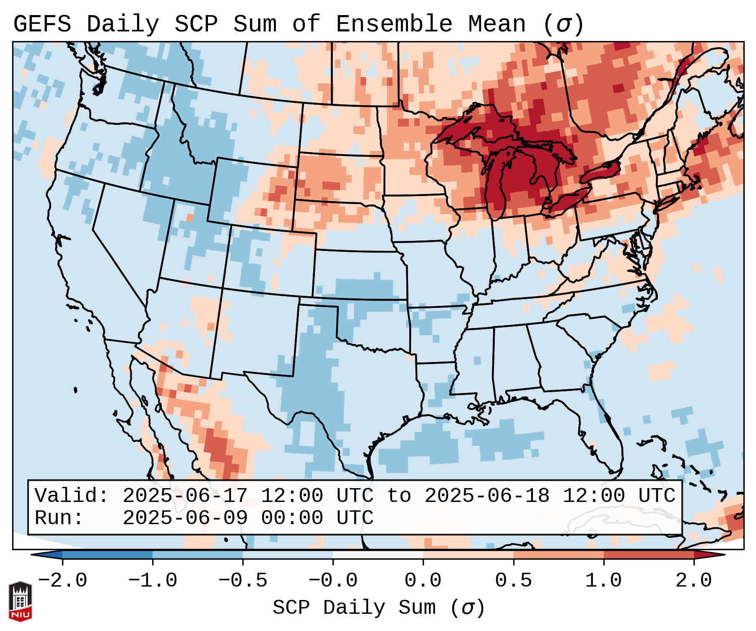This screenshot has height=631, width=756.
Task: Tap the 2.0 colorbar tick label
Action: pyautogui.click(x=694, y=581)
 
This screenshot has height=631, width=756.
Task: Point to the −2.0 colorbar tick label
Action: pyautogui.click(x=62, y=581)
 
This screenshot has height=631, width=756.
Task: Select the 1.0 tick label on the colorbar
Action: pyautogui.click(x=603, y=581)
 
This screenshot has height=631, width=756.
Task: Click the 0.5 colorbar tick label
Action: pyautogui.click(x=513, y=581)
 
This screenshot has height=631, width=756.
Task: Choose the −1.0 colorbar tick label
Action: pyautogui.click(x=153, y=581)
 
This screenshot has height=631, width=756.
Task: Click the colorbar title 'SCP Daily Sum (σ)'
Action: pyautogui.click(x=379, y=608)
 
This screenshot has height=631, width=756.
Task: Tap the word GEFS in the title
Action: pyautogui.click(x=42, y=24)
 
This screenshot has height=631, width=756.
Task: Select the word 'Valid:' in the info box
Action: pyautogui.click(x=72, y=496)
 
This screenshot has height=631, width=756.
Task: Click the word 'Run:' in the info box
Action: pyautogui.click(x=59, y=518)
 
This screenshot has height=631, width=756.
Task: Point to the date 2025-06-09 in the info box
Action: pyautogui.click(x=185, y=518)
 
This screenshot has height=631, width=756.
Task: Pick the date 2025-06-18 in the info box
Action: pyautogui.click(x=487, y=496)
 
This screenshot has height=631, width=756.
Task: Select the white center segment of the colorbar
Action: pyautogui.click(x=378, y=554)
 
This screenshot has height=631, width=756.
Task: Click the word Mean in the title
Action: pyautogui.click(x=497, y=24)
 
